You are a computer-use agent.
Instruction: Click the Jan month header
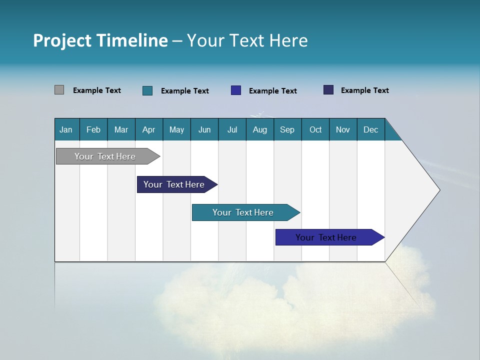coord(66,130)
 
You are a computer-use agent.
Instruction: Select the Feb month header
coord(93,130)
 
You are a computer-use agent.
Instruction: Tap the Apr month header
coord(148,130)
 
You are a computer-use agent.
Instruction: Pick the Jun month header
coord(204,130)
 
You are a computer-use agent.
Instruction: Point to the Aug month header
coord(259,130)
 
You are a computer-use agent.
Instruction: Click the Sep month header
coord(287,130)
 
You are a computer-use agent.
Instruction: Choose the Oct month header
coord(315,130)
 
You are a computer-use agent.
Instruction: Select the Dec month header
coord(370,130)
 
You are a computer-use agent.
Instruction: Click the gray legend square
coord(59,90)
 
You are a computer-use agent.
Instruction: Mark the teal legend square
coord(147,90)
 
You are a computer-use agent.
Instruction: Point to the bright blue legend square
coord(236,90)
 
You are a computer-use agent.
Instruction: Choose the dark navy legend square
coord(328,90)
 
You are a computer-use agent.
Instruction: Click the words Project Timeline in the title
coord(100,40)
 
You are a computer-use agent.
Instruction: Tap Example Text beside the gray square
coord(97,90)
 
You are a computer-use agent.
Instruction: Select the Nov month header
coord(343,130)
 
